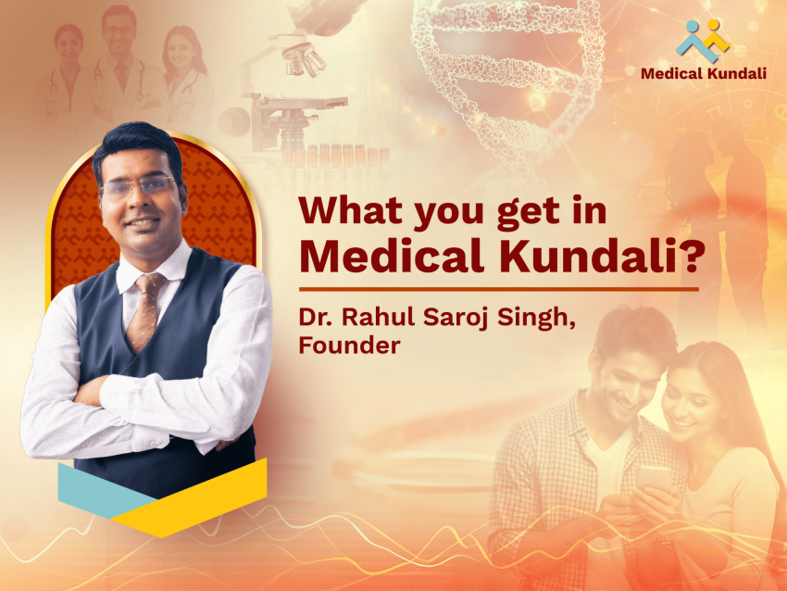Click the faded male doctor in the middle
119,56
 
